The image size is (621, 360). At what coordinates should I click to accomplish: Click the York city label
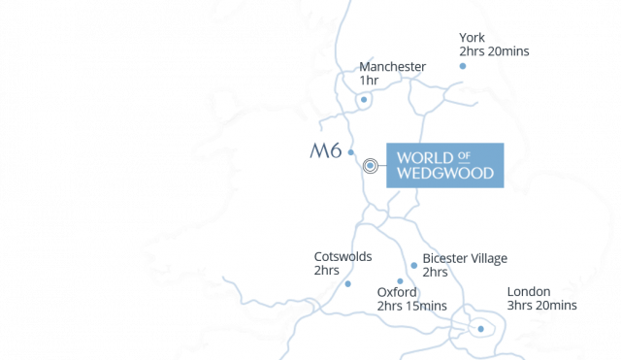tap(473, 39)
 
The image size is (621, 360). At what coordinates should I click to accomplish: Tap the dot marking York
tap(463, 66)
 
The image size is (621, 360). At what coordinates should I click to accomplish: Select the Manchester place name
tap(392, 67)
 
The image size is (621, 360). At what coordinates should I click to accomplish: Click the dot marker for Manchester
tap(364, 99)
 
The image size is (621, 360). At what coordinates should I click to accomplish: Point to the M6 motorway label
tap(325, 151)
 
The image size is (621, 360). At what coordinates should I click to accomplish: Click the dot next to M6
tap(350, 152)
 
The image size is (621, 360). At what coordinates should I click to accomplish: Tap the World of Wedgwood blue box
tap(445, 165)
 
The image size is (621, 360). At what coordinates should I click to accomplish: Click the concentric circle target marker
tap(370, 166)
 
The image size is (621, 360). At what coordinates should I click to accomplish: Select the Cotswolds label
tap(343, 257)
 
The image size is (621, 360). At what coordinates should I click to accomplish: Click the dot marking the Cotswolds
tap(347, 284)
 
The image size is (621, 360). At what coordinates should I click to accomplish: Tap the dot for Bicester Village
tap(413, 265)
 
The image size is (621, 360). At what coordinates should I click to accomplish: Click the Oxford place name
tap(397, 292)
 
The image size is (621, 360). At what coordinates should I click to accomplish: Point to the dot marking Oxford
tap(400, 281)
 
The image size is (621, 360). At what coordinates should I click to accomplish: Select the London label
tap(529, 292)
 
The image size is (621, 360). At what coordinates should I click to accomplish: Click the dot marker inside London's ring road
tap(479, 329)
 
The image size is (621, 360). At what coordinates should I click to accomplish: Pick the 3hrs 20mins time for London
tap(541, 306)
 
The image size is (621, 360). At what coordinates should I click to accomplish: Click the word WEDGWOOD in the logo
tap(445, 176)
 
